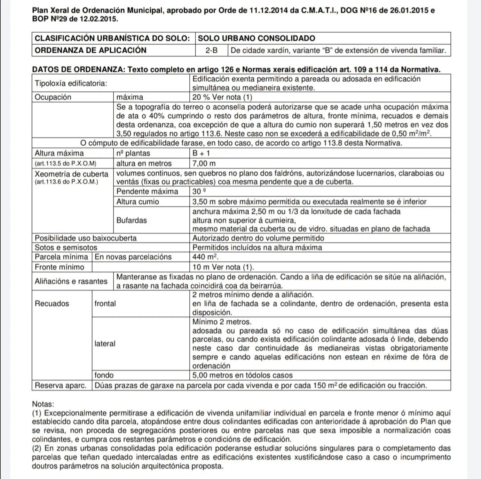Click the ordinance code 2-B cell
[x=211, y=50]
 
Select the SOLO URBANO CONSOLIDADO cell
[x=256, y=38]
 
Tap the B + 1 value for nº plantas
[x=201, y=153]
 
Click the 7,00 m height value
[x=204, y=163]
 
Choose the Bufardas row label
[x=131, y=220]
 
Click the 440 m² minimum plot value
[x=205, y=257]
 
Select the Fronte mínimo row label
[x=59, y=267]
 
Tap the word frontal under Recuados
[x=105, y=303]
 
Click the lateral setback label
[x=105, y=344]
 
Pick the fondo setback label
[x=104, y=375]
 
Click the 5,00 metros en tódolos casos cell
[x=242, y=375]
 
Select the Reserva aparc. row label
[x=61, y=385]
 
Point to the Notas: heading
[x=43, y=404]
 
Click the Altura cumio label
[x=138, y=202]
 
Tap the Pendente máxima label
[x=147, y=192]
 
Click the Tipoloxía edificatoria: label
[x=71, y=83]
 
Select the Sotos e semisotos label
[x=66, y=247]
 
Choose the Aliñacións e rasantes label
[x=71, y=281]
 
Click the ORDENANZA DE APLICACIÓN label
[x=91, y=50]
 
